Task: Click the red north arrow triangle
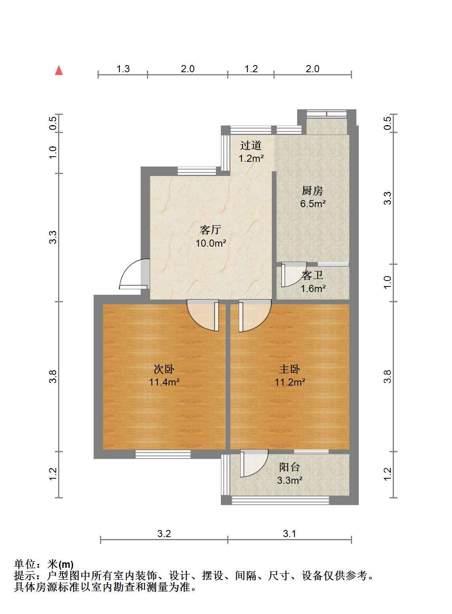tap(59, 71)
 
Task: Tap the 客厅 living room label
tap(211, 230)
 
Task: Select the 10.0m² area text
tap(211, 243)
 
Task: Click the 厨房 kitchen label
tap(312, 191)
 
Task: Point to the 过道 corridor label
tap(251, 145)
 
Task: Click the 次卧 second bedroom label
tap(164, 369)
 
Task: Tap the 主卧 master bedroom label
tap(290, 369)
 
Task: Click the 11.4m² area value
tap(164, 382)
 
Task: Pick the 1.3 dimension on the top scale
tap(123, 69)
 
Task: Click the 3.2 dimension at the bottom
tap(164, 534)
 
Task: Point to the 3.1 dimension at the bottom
tap(290, 534)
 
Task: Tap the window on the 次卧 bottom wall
tap(163, 454)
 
